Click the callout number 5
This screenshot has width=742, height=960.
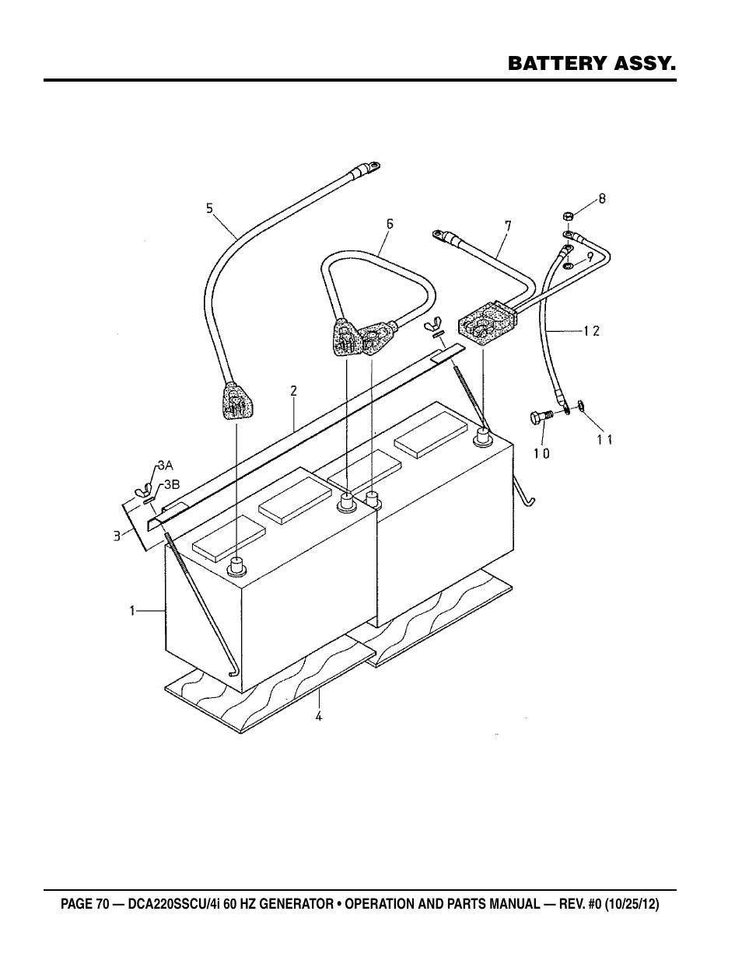coord(209,208)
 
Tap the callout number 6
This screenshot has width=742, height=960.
coord(390,224)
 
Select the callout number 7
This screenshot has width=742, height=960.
coord(508,225)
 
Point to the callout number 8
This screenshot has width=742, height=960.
coord(601,198)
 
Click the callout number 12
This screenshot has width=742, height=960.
coord(592,331)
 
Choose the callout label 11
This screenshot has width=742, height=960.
coord(604,439)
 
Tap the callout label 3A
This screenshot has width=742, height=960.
coord(164,466)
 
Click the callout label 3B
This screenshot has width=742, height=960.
coord(171,483)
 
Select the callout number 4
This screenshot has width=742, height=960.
coord(318,716)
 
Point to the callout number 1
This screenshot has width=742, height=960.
coord(133,612)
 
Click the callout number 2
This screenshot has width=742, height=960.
coord(293,391)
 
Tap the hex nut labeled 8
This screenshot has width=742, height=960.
coord(567,215)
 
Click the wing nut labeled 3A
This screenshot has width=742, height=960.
coord(142,490)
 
